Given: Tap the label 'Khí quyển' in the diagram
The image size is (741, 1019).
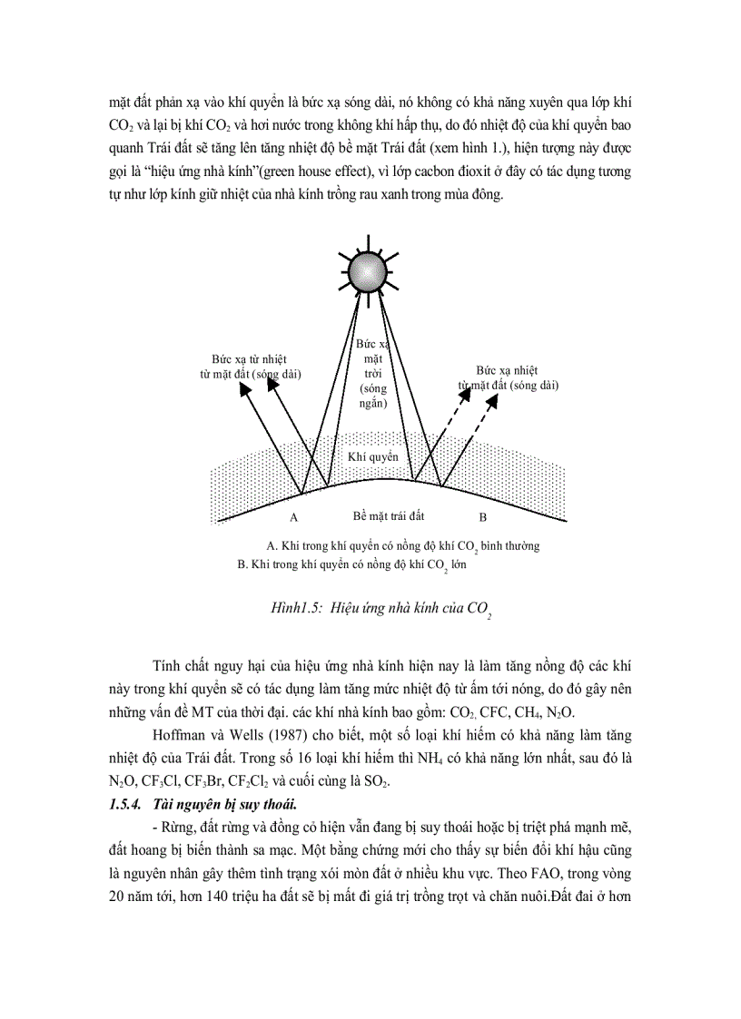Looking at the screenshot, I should tap(372, 458).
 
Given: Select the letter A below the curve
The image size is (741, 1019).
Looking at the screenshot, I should tap(293, 517).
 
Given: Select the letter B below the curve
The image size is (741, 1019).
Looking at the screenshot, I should tap(483, 517).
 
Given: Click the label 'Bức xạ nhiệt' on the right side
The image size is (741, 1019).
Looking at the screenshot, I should tap(506, 370).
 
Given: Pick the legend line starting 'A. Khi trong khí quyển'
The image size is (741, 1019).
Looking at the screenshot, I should tap(402, 546).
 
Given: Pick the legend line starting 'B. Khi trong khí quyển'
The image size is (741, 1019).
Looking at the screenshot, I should tap(351, 563).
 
